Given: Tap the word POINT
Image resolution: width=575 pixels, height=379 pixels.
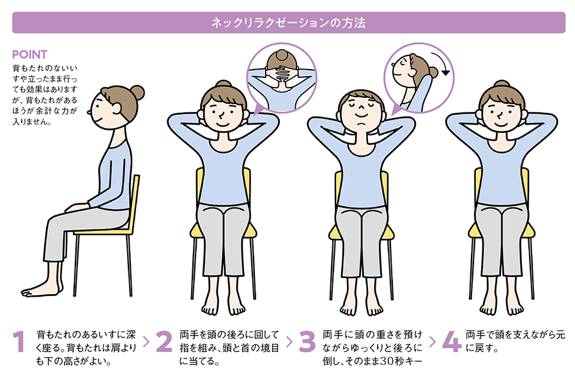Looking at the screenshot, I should click(29, 54).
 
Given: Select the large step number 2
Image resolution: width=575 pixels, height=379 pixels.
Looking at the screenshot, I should click(164, 343).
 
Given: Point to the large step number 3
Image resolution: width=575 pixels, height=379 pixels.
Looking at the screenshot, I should click(307, 343).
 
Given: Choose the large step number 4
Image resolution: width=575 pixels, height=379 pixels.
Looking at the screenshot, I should click(451, 343).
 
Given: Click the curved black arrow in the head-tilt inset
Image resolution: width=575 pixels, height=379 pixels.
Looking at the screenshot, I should click(443, 66).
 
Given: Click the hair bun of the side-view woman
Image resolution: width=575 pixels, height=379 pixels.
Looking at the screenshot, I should click(135, 93).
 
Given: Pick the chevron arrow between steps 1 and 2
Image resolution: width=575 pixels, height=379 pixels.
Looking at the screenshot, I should click(146, 342).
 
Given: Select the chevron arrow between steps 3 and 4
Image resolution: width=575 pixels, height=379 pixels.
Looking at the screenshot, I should click(433, 342).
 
